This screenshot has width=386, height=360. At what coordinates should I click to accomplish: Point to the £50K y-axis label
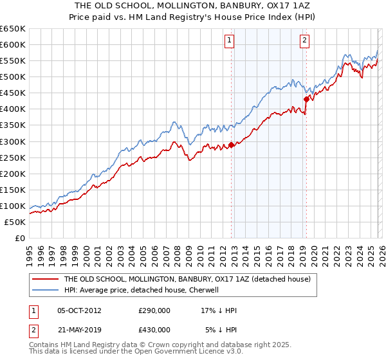[x=14, y=222]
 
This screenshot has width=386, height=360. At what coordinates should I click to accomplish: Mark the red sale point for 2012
[x=231, y=145]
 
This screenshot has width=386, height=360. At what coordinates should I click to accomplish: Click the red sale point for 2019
[x=306, y=99]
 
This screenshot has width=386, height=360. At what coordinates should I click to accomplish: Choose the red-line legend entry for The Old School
[x=187, y=279]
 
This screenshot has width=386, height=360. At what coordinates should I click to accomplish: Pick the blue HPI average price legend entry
[x=142, y=290]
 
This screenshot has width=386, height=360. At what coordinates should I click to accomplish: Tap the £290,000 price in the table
[x=154, y=310]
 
